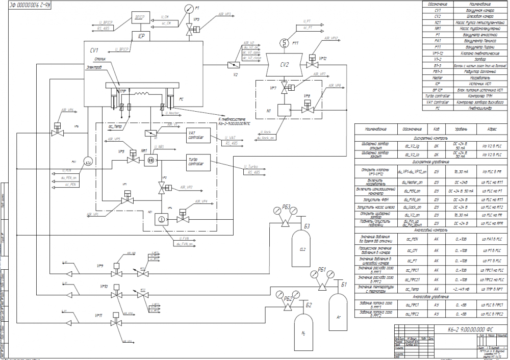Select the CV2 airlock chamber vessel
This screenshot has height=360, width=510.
[284, 64]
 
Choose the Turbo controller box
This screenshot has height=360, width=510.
[195, 161]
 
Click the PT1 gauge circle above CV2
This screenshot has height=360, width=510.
[285, 42]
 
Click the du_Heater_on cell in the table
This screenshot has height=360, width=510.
[413, 181]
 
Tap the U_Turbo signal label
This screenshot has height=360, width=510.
[251, 167]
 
